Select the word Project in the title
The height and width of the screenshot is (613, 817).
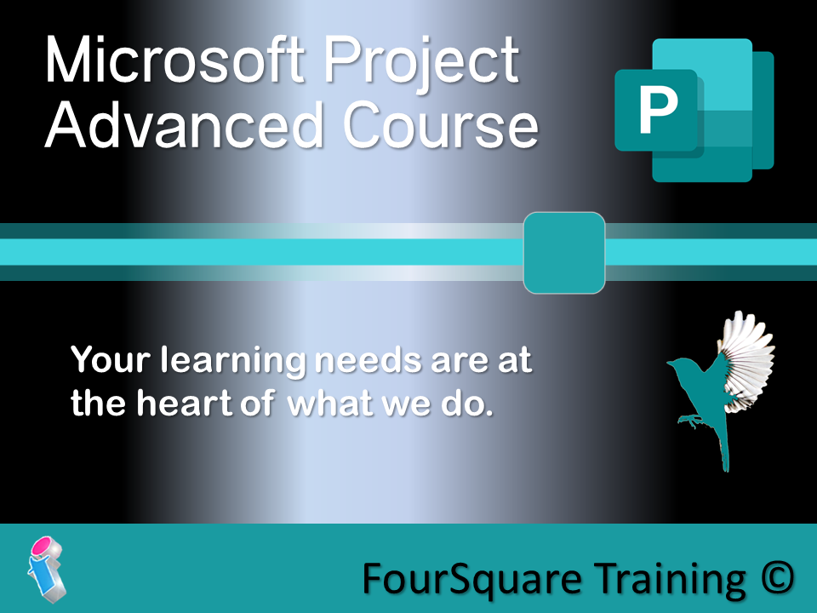point(421,64)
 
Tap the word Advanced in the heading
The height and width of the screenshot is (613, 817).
point(185,124)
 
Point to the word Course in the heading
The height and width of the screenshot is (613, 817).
point(440,125)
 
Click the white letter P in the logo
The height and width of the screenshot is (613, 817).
point(658,110)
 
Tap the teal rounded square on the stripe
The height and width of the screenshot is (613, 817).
point(564,253)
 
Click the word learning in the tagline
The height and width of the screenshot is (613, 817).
point(233,361)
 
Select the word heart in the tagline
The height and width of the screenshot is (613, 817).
point(184,403)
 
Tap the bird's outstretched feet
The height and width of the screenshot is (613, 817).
point(688,420)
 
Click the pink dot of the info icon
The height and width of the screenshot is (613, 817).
point(42,547)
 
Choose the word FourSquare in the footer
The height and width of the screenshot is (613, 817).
point(471,580)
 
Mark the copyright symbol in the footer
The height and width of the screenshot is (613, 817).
point(777,578)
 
